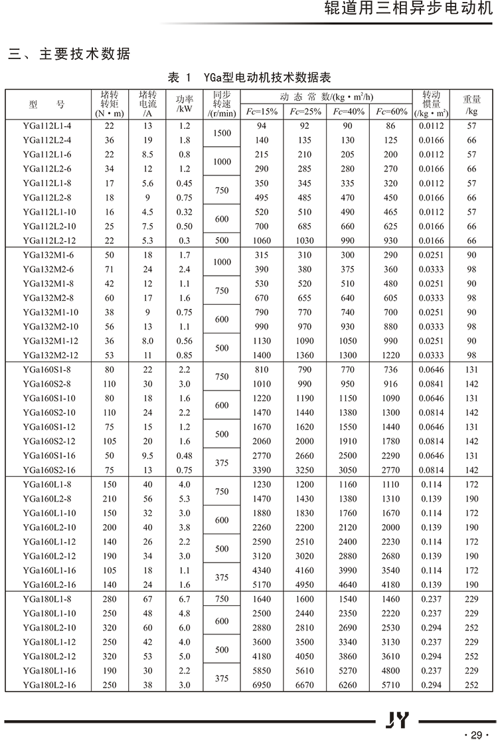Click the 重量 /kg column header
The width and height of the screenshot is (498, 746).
tap(471, 105)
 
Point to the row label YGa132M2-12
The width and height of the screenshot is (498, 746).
tap(50, 355)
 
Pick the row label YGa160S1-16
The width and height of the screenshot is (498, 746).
tap(49, 456)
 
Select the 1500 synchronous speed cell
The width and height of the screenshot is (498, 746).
tap(222, 133)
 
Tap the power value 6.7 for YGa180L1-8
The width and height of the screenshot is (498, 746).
tap(185, 599)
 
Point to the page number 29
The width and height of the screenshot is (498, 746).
tap(476, 734)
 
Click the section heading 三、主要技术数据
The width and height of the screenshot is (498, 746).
tap(69, 54)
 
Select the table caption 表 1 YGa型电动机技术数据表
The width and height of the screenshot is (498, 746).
tap(249, 78)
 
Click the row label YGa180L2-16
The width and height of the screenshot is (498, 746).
tap(49, 685)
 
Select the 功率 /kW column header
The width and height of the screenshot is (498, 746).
tap(185, 104)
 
